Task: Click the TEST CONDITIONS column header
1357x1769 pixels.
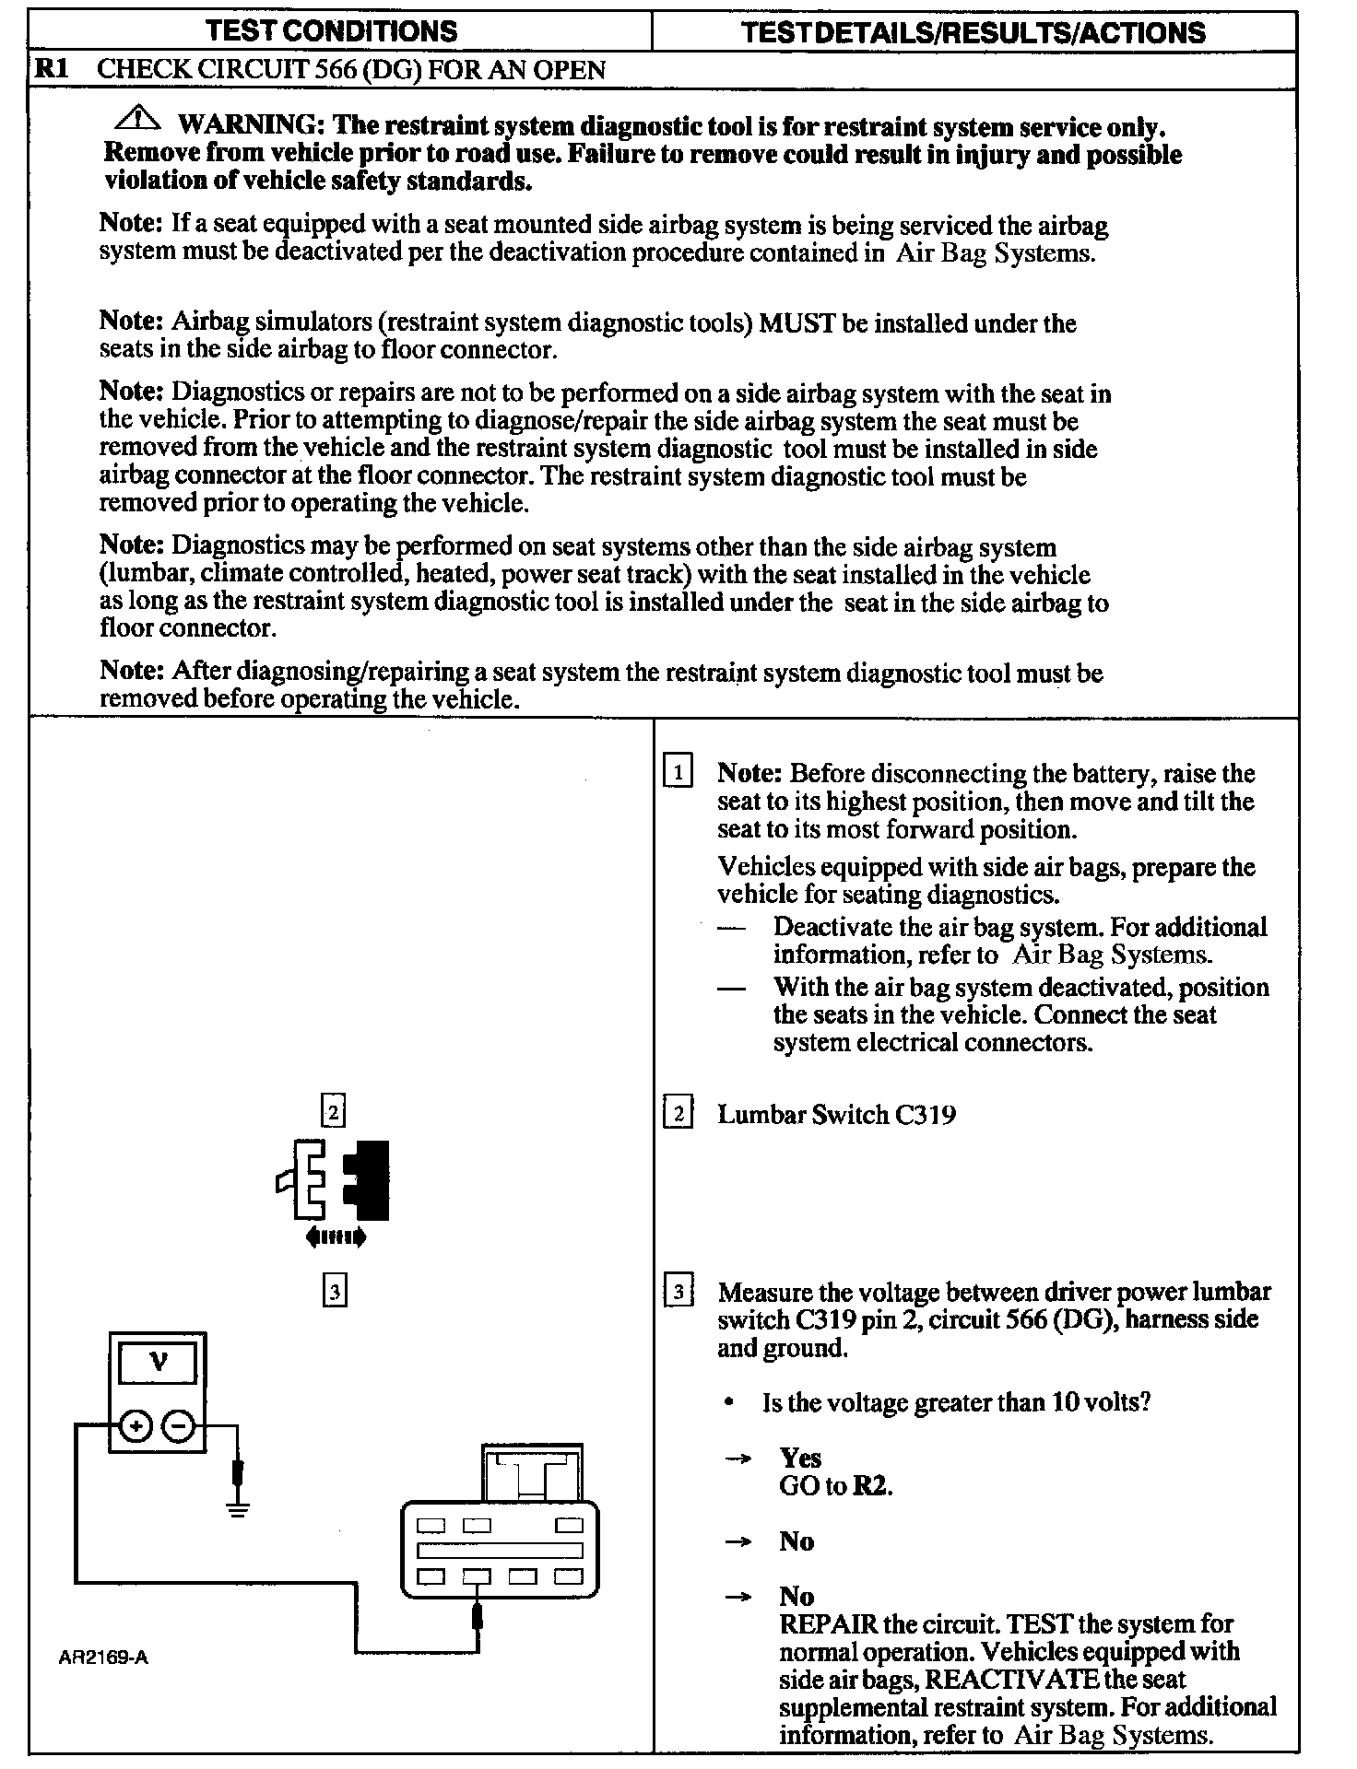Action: (x=332, y=31)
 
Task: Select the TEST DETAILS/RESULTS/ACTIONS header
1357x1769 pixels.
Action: (x=973, y=32)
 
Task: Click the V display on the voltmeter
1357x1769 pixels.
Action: (x=159, y=1363)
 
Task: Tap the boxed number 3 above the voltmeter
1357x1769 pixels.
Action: (x=334, y=1292)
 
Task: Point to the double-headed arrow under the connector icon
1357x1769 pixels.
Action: (x=336, y=1237)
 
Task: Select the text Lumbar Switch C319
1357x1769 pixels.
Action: (x=836, y=1115)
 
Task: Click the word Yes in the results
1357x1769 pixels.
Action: (x=799, y=1458)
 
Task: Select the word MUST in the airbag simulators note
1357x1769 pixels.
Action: (x=796, y=322)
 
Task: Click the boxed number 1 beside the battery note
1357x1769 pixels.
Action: (x=678, y=770)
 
